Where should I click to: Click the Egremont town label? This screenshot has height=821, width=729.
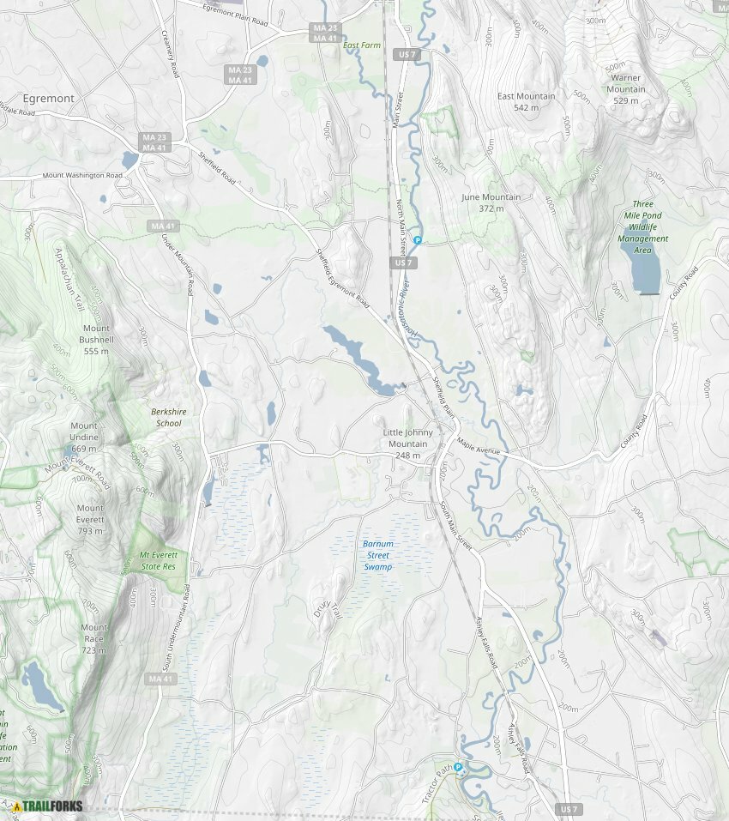pos(49,99)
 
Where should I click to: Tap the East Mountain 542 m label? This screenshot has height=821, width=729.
pos(526,101)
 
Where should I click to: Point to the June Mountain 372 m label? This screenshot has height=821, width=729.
pos(491,202)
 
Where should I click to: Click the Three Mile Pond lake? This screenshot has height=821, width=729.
pos(646,269)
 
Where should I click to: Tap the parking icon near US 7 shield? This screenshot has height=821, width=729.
pos(418,240)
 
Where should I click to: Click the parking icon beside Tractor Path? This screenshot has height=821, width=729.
pos(458,767)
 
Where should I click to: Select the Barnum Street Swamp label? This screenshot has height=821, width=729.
pos(377,555)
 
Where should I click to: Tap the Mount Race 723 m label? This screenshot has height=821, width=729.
pos(93,638)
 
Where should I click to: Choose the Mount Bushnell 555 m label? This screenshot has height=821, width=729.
pos(96,340)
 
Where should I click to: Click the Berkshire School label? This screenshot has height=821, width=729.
pos(166,417)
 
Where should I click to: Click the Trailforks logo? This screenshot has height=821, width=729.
pos(47,806)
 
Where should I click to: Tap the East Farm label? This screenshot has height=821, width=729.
pos(362,45)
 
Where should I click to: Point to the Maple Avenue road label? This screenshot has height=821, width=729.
pos(479,444)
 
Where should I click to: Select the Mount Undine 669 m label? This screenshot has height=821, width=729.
pos(84,437)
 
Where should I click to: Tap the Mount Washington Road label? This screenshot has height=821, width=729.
pos(83,175)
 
